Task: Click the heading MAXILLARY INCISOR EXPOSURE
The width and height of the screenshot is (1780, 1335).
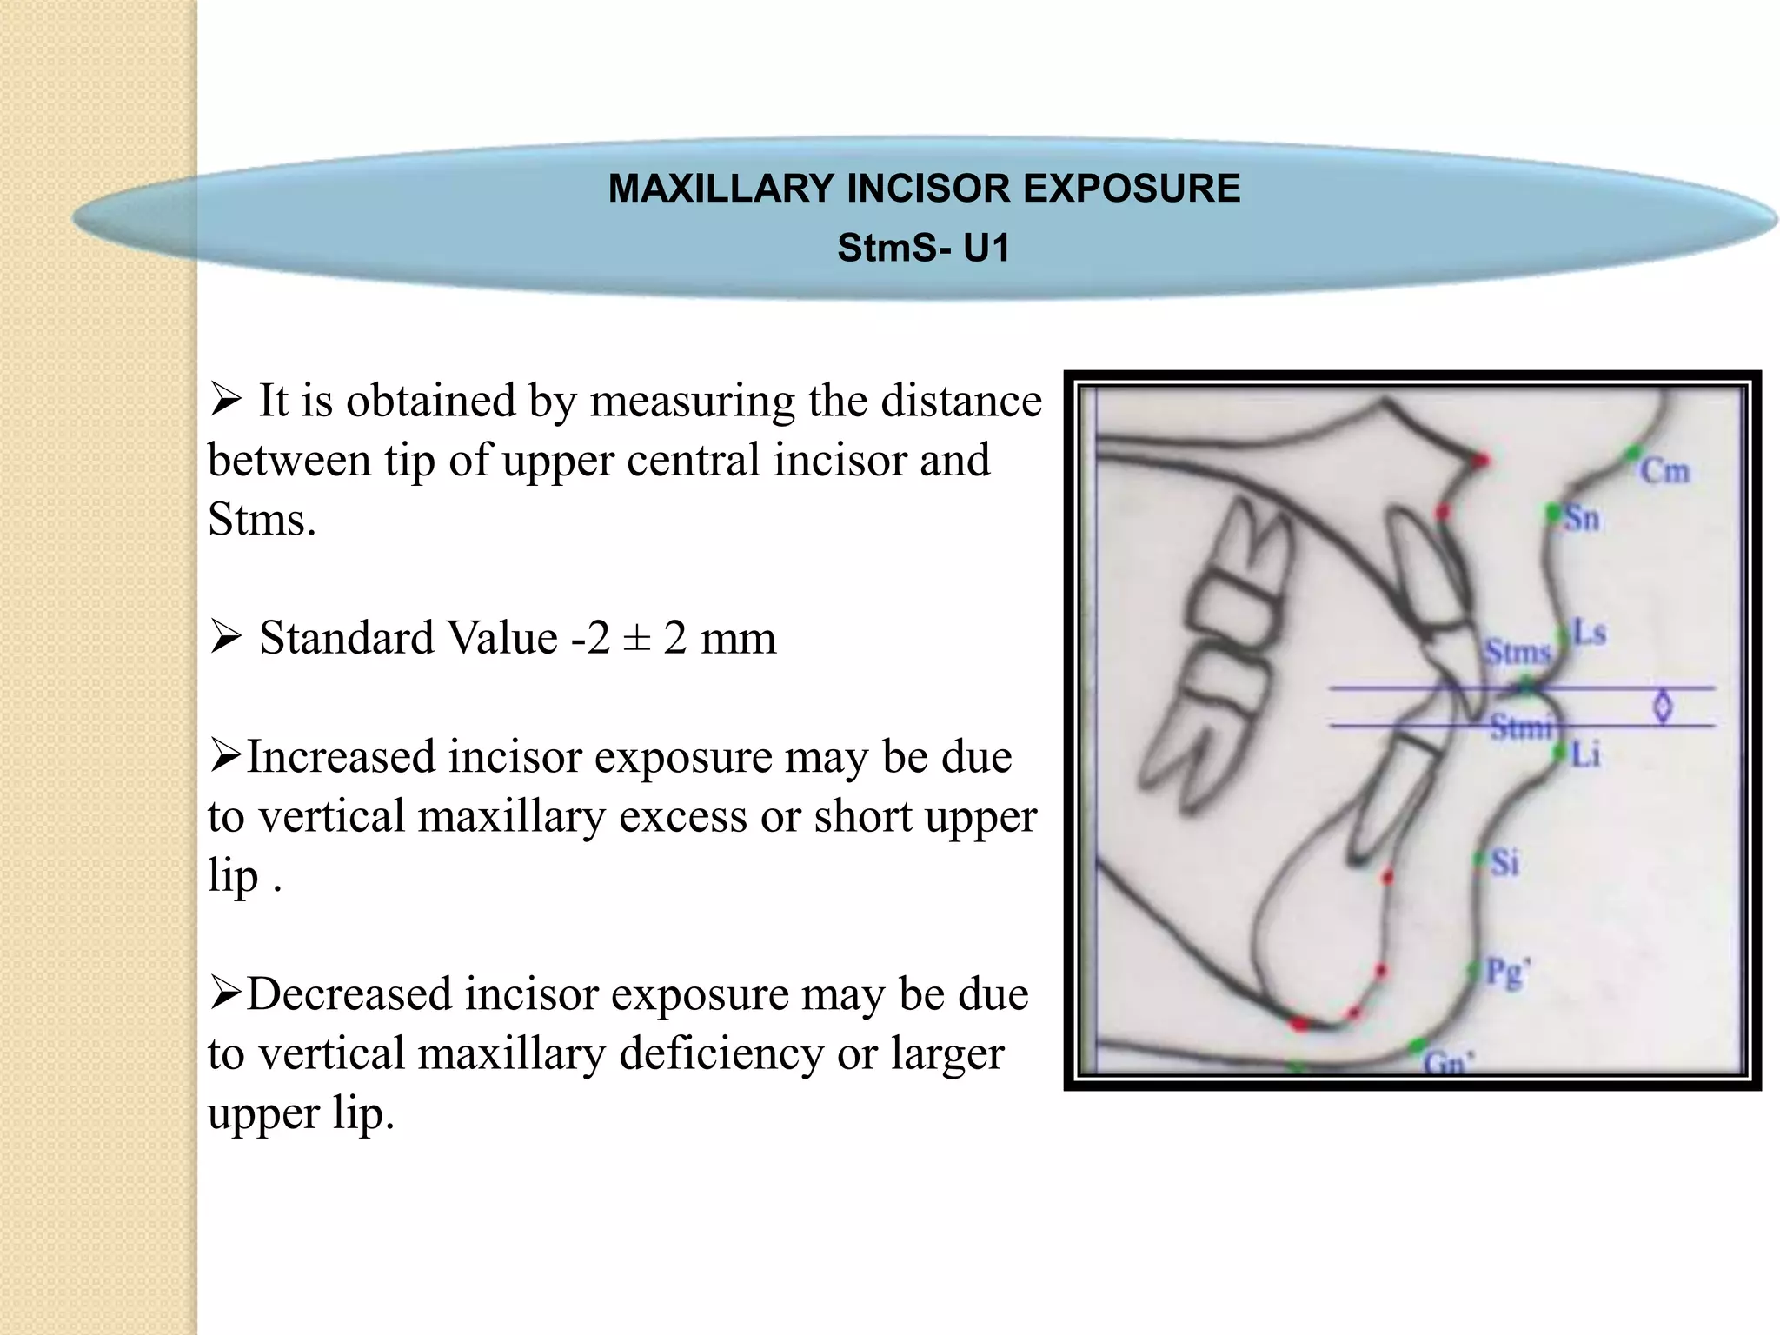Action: tap(924, 189)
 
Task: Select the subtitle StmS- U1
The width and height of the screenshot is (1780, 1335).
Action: tap(924, 249)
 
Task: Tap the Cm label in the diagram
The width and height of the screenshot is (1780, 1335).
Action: tap(1664, 472)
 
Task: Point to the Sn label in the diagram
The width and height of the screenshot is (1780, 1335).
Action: tap(1582, 519)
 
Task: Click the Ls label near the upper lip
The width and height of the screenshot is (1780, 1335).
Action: tap(1590, 634)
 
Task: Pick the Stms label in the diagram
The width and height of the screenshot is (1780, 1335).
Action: tap(1517, 652)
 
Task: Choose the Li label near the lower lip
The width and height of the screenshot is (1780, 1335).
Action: tap(1586, 755)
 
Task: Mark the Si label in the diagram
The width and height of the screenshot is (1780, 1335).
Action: tap(1504, 863)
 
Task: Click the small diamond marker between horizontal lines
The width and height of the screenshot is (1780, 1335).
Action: tap(1663, 707)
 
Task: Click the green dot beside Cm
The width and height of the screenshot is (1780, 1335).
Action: tap(1633, 452)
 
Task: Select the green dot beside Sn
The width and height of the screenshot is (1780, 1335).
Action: tap(1553, 513)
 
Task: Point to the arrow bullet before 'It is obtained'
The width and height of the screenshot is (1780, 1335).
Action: tap(225, 401)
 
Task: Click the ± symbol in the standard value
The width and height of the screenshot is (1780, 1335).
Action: tap(637, 639)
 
